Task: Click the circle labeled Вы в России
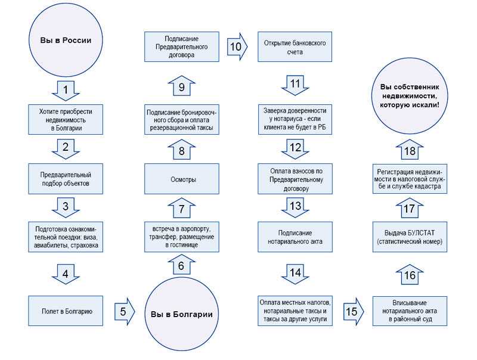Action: [x=66, y=40]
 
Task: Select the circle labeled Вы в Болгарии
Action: [x=182, y=314]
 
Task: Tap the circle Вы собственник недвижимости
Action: [x=410, y=96]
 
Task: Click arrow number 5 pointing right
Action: [x=125, y=311]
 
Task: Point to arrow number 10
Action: [x=237, y=46]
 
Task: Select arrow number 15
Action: [x=354, y=311]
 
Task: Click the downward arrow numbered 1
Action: [x=66, y=91]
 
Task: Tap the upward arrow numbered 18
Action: [x=410, y=150]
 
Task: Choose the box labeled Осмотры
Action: [x=182, y=179]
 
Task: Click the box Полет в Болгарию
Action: [x=66, y=311]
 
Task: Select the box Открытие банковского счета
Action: [x=295, y=47]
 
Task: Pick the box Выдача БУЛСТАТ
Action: [x=410, y=237]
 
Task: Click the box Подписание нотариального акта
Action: [x=295, y=237]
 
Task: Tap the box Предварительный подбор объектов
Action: [x=66, y=179]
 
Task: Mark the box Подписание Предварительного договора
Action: [x=182, y=47]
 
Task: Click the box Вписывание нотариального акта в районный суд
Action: [x=410, y=311]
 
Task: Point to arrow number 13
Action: [x=295, y=207]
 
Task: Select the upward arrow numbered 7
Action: [x=182, y=208]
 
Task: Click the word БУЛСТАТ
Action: [x=421, y=233]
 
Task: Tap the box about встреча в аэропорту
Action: [x=182, y=237]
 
